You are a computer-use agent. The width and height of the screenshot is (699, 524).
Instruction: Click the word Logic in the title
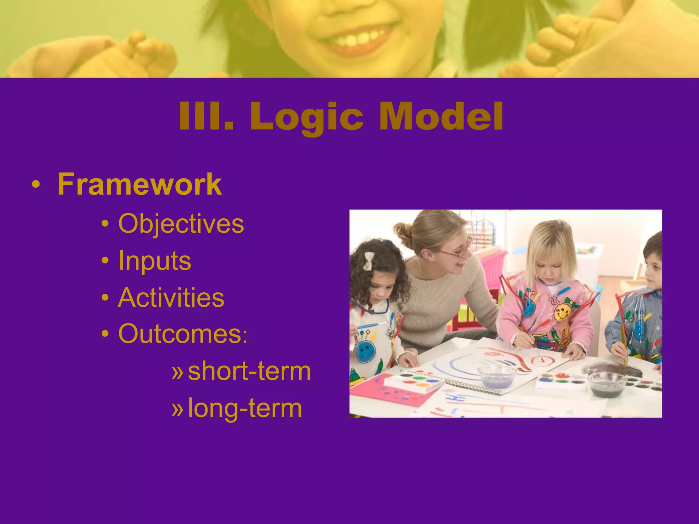[x=306, y=117]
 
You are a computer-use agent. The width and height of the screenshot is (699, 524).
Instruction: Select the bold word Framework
[x=140, y=185]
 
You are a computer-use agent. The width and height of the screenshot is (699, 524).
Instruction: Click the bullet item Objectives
[x=181, y=224]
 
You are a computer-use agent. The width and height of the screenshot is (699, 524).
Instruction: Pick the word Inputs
[x=154, y=261]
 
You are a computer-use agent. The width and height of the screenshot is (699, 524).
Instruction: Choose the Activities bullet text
[x=171, y=297]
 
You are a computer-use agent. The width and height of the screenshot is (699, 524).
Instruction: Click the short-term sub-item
[x=249, y=371]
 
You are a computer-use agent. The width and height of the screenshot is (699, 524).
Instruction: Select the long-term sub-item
[x=245, y=408]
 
